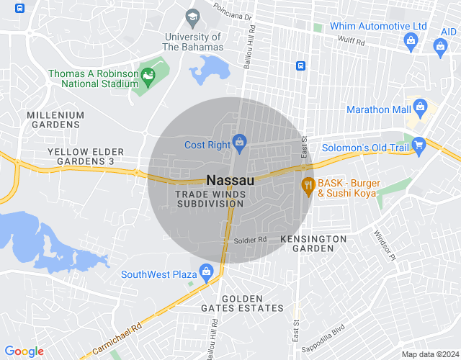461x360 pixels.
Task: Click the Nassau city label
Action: (x=230, y=180)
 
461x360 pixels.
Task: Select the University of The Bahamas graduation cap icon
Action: (x=192, y=17)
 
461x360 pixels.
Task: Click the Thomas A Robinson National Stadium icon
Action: (x=148, y=76)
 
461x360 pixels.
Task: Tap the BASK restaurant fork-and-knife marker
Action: (x=308, y=185)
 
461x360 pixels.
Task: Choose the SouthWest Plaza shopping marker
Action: (x=207, y=271)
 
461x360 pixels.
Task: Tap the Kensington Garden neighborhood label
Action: (x=313, y=243)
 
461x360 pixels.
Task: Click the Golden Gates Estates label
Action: (x=252, y=303)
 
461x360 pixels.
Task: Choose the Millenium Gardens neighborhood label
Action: (x=55, y=120)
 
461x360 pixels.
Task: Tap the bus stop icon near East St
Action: (x=300, y=66)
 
